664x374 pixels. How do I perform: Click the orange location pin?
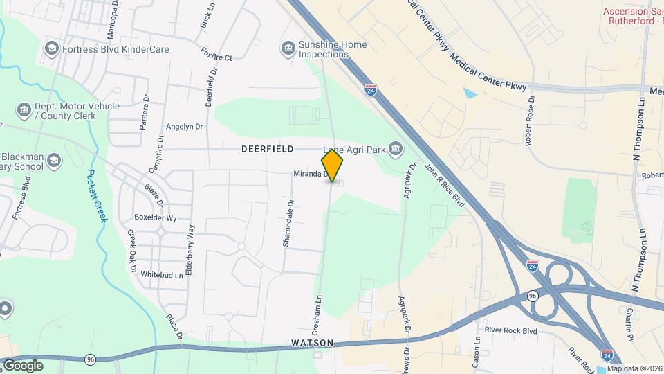pyautogui.click(x=333, y=166)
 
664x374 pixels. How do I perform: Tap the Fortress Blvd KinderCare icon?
pyautogui.click(x=50, y=48)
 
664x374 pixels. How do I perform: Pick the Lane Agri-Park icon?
pyautogui.click(x=396, y=148)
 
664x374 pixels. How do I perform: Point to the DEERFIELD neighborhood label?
pyautogui.click(x=268, y=149)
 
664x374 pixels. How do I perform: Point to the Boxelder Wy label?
pyautogui.click(x=156, y=217)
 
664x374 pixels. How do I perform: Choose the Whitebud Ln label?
pyautogui.click(x=162, y=275)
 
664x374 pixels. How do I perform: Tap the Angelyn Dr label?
pyautogui.click(x=184, y=127)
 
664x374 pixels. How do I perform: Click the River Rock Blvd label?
pyautogui.click(x=510, y=331)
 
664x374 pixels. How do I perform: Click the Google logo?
pyautogui.click(x=23, y=365)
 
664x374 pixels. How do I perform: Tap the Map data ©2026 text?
pyautogui.click(x=635, y=368)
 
